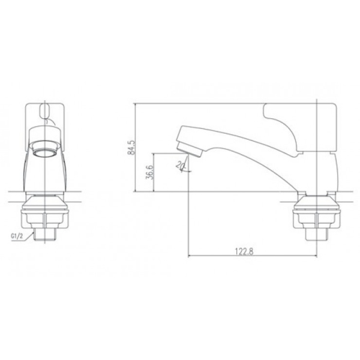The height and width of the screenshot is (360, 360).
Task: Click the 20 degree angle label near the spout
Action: [x=180, y=164]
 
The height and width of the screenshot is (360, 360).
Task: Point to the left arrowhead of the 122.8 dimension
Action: [x=191, y=257]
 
